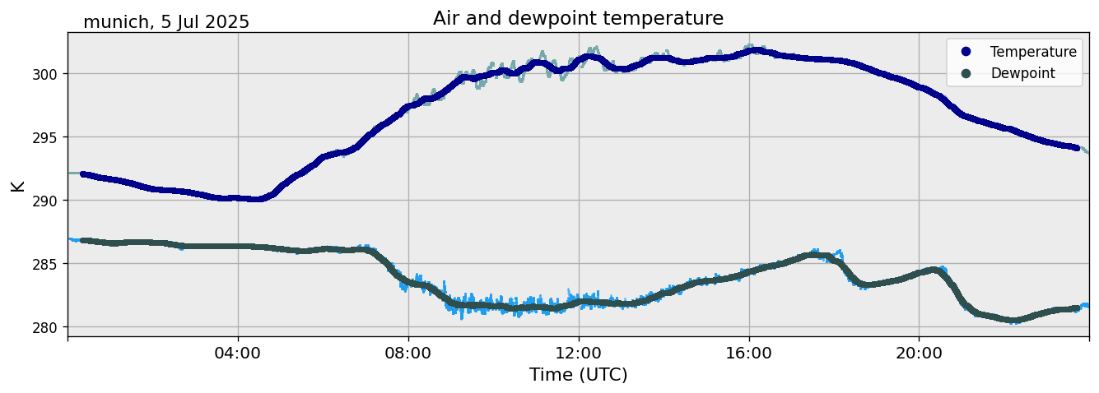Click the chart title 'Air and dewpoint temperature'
tap(578, 18)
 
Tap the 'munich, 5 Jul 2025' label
tap(166, 22)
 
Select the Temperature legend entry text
tap(1033, 52)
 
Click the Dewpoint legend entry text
tap(1022, 73)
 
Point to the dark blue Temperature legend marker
tap(966, 52)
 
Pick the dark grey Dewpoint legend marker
tap(966, 73)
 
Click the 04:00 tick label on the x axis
tap(238, 353)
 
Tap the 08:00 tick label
tap(408, 353)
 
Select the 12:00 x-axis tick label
tap(579, 353)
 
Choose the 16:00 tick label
tap(749, 353)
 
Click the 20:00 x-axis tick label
tap(919, 353)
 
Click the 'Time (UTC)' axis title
tap(578, 375)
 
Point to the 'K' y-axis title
tap(17, 185)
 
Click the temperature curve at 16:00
tap(749, 51)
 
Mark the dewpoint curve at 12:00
tap(579, 302)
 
